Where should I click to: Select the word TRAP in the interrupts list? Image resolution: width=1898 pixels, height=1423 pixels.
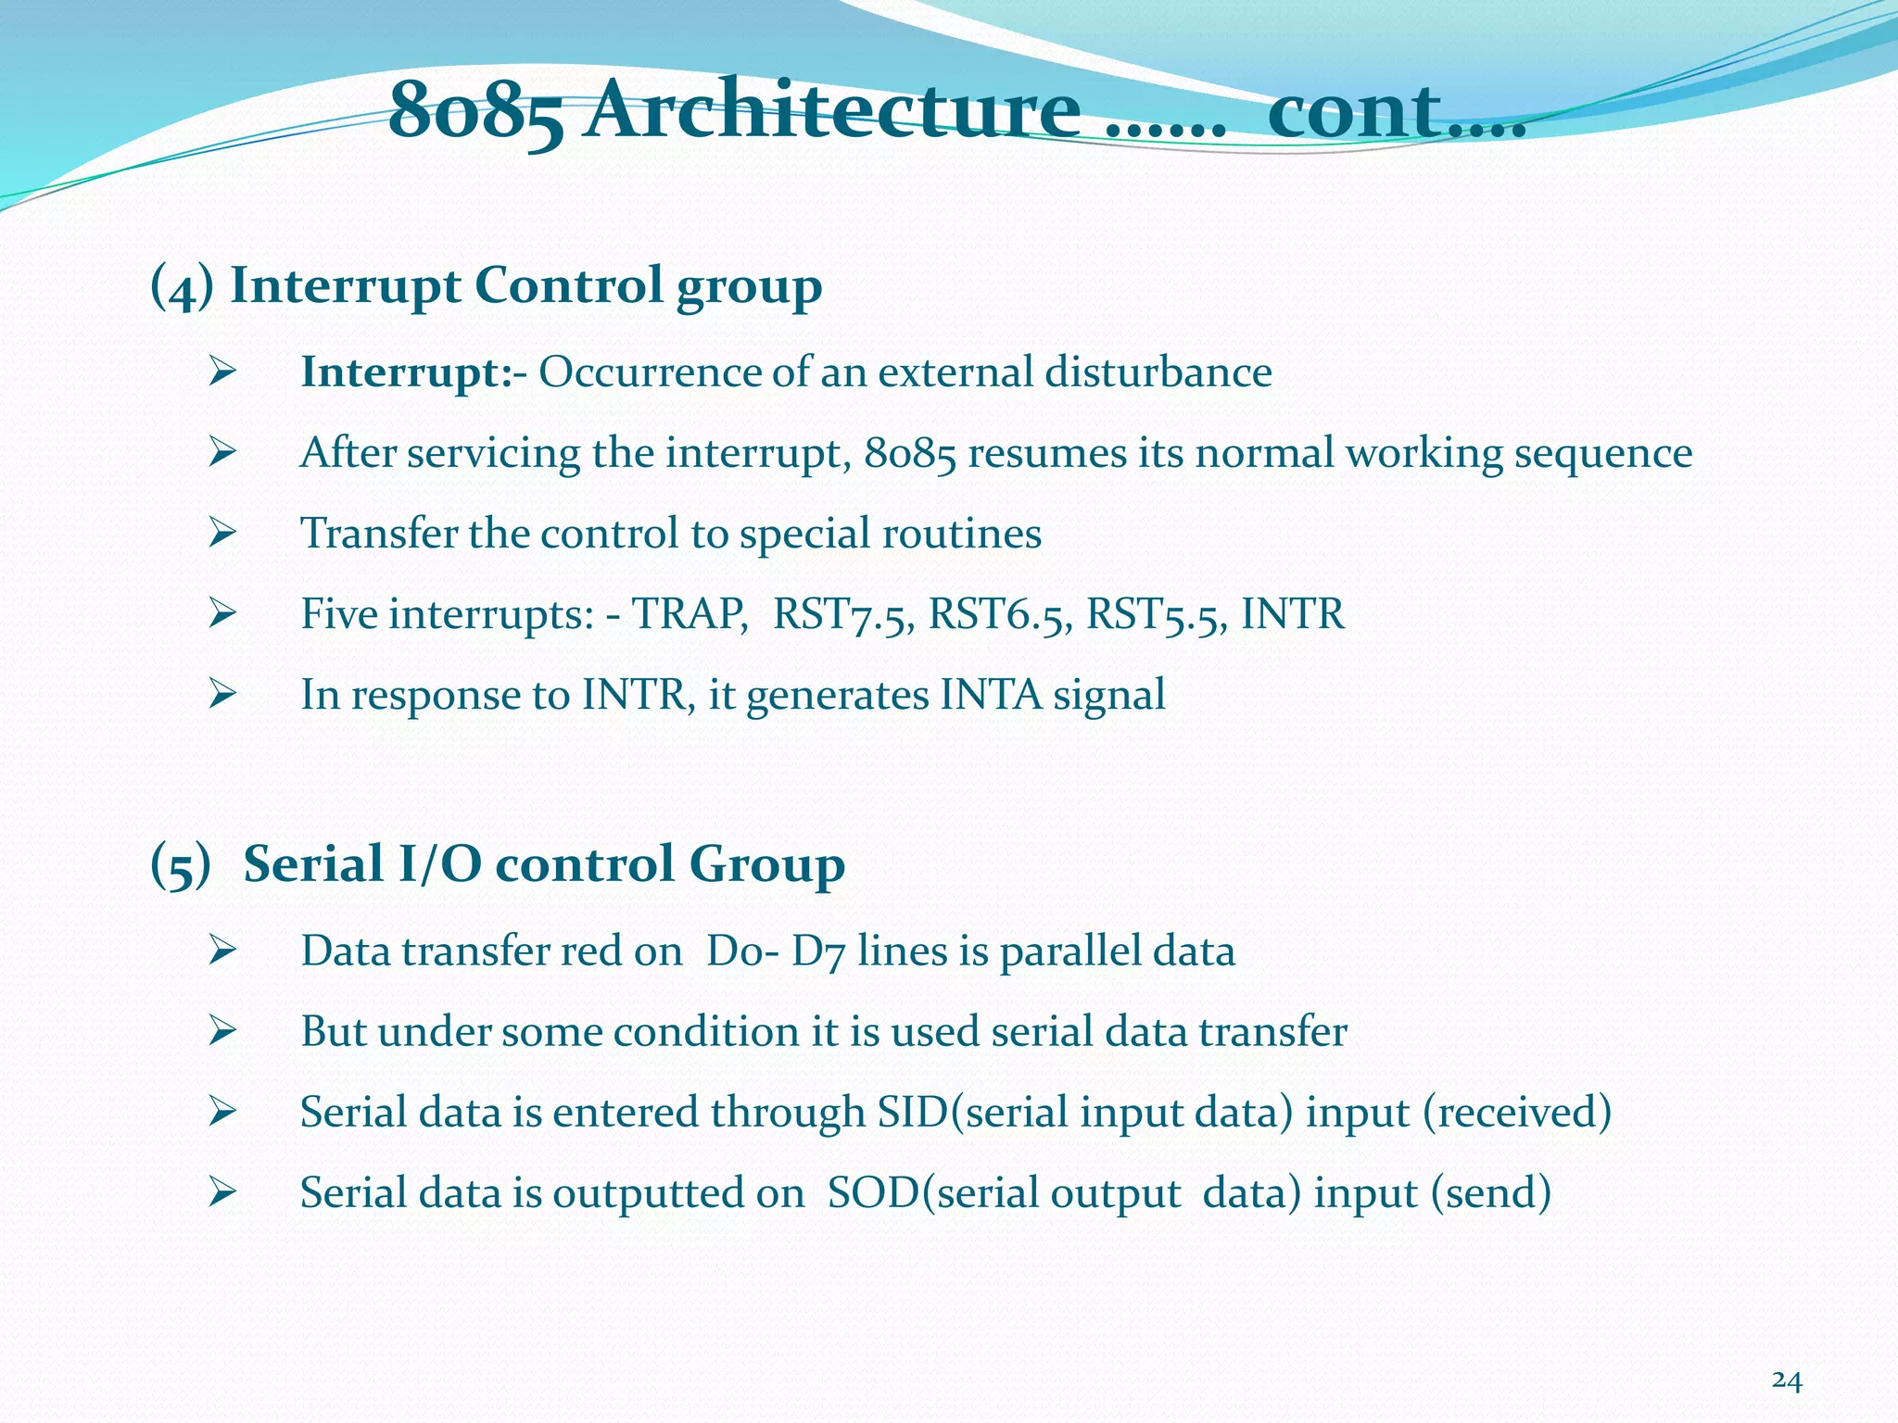(690, 614)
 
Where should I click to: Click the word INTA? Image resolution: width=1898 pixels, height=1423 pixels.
(991, 695)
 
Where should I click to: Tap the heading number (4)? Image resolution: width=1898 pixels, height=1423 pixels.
(182, 286)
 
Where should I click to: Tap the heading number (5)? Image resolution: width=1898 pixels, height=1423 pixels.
(181, 865)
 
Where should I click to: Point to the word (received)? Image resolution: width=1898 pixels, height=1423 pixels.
(1517, 1112)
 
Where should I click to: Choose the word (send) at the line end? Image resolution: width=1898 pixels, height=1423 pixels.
(1490, 1192)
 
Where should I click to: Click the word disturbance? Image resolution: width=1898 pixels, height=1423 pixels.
(1158, 372)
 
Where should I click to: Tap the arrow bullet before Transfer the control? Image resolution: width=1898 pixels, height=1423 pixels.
(223, 533)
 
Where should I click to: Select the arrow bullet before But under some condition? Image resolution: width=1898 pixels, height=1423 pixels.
(223, 1030)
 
